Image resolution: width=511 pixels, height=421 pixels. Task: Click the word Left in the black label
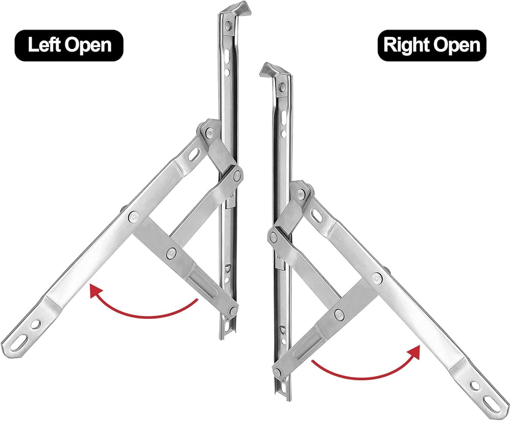coord(44,45)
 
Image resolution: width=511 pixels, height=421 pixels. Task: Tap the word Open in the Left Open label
coord(88,45)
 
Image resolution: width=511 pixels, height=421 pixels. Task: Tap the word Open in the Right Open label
coord(456,45)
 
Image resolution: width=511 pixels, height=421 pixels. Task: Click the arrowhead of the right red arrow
coord(413,353)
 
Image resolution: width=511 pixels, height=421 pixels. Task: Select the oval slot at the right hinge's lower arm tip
coord(492,400)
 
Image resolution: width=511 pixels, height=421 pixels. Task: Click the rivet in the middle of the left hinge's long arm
coord(133,215)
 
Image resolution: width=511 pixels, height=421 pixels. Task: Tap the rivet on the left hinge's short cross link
coord(171,252)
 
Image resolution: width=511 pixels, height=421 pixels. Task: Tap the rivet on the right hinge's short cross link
coord(339,314)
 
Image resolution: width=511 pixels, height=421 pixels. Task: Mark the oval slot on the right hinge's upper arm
coord(317,215)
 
